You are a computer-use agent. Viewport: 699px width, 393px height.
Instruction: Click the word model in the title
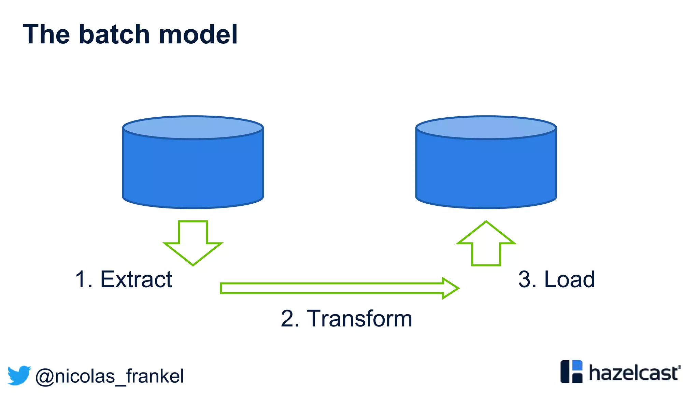click(x=198, y=34)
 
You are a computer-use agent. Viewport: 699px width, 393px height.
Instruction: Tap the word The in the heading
click(x=46, y=34)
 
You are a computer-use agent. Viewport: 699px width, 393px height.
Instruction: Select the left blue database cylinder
click(x=193, y=171)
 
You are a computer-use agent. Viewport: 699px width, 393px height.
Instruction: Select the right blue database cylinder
click(x=486, y=171)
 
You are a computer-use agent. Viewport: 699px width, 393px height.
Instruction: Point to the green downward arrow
click(x=193, y=243)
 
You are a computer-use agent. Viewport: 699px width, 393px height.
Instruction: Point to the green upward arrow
click(x=486, y=243)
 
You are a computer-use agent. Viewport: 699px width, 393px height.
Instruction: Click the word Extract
click(x=136, y=279)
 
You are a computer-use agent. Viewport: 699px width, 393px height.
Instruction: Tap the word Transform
click(x=359, y=319)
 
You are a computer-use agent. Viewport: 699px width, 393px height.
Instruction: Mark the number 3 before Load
click(x=525, y=279)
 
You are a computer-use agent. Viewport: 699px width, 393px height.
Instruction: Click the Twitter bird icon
click(x=19, y=375)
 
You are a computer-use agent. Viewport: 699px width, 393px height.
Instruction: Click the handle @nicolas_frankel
click(x=110, y=376)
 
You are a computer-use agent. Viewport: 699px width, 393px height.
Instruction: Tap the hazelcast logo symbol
click(x=571, y=372)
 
